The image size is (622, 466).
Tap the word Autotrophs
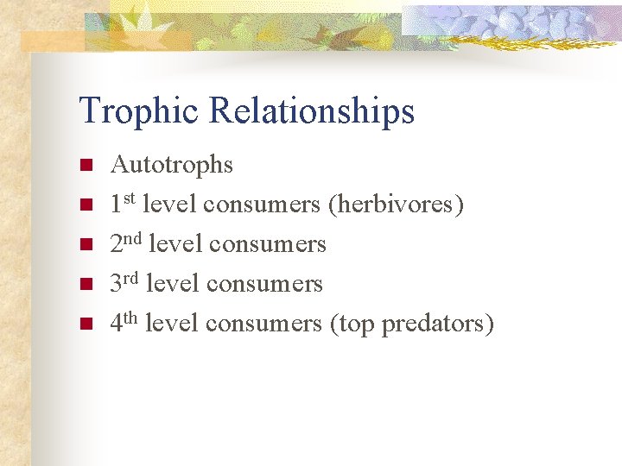click(x=172, y=165)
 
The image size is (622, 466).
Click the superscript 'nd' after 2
click(x=135, y=238)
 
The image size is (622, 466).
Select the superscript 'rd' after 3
click(x=133, y=278)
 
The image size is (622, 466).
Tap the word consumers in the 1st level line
click(x=262, y=205)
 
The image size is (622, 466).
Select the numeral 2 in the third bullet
click(x=117, y=245)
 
